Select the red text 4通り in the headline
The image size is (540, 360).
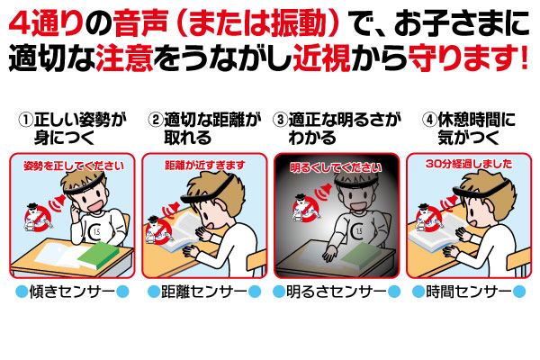coord(46,23)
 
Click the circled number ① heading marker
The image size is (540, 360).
coord(26,120)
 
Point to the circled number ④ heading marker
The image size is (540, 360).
coord(429,120)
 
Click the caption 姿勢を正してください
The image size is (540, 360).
coord(74,166)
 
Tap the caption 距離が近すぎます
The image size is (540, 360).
coord(205,166)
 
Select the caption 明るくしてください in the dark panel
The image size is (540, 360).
coord(336,167)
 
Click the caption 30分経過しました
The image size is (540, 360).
coord(469,164)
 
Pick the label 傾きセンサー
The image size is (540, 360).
coord(72,292)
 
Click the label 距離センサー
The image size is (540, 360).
coord(204,292)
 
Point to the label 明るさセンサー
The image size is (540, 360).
coord(337,292)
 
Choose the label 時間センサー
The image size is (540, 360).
coord(469,292)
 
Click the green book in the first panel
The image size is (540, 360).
coord(99,256)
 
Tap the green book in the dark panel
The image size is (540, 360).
coord(362,256)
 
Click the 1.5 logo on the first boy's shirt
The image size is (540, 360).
coord(95,232)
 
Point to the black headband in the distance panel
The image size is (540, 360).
coord(210,191)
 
